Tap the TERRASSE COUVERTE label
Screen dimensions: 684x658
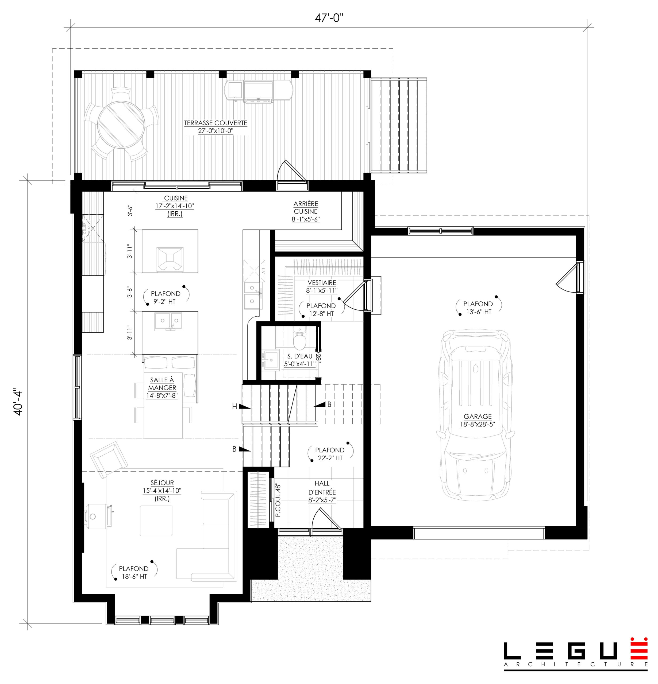(x=216, y=127)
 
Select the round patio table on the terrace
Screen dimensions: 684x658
(x=121, y=125)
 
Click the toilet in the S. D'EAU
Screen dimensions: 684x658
(x=299, y=340)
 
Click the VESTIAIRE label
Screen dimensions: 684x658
(x=322, y=286)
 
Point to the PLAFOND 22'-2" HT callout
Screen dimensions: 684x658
(x=329, y=454)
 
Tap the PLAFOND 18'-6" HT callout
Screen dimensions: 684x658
(x=134, y=572)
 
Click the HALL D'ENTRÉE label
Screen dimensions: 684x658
(x=322, y=492)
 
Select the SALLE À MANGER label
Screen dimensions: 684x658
(x=162, y=387)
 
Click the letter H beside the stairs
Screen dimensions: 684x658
(x=235, y=406)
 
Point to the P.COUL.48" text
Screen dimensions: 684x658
(x=278, y=500)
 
